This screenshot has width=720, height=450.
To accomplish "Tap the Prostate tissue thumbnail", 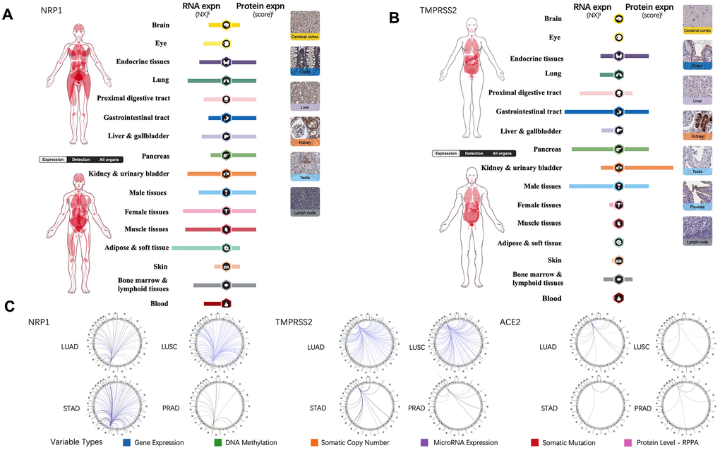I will click(x=697, y=197).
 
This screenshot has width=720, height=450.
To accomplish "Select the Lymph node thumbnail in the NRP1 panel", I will click(x=304, y=201).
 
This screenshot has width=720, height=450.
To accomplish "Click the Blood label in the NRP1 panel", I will click(x=159, y=303).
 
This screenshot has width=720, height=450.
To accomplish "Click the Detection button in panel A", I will click(x=79, y=159).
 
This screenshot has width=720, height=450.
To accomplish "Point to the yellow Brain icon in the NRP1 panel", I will click(x=227, y=25).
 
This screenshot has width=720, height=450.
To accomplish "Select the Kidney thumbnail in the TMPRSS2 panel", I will click(x=697, y=125).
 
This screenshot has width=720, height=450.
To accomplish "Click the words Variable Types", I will click(x=78, y=442).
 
